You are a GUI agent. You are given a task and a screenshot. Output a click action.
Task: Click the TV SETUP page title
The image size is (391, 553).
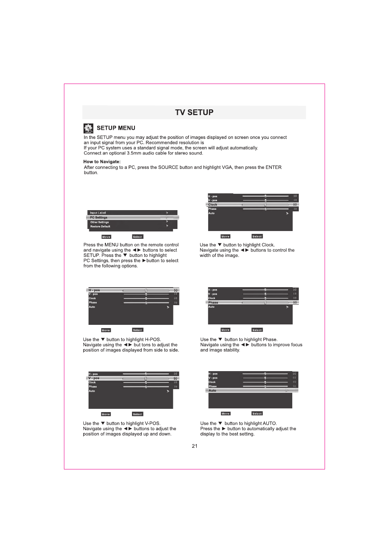point(194,112)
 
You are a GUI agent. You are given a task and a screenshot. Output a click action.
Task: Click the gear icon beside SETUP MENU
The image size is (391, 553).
point(88,128)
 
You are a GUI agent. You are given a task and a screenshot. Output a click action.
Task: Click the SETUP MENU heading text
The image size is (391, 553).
point(116,128)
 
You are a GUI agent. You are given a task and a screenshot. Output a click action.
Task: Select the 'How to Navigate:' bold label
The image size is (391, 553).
point(102,162)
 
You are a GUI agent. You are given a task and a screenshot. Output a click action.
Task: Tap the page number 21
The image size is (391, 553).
point(195,446)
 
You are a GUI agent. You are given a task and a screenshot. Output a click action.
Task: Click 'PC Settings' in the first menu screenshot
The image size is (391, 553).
point(99,218)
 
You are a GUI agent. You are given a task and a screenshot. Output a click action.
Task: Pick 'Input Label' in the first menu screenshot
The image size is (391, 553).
point(98,213)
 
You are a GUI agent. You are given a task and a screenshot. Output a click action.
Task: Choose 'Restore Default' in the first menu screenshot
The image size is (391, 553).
point(100,227)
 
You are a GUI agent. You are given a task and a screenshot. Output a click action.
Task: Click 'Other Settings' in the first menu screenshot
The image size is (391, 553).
point(100,222)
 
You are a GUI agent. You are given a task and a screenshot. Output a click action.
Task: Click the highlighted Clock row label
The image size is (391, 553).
point(213,204)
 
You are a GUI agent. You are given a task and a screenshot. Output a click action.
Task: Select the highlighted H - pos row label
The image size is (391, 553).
point(94,290)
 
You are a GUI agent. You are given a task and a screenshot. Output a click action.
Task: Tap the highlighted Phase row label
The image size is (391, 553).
point(213,302)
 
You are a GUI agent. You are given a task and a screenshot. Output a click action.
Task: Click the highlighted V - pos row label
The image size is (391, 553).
point(94,378)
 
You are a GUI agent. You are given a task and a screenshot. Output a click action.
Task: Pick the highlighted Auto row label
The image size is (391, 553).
point(212,390)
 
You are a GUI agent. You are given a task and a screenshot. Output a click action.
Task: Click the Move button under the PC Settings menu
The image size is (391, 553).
point(106,237)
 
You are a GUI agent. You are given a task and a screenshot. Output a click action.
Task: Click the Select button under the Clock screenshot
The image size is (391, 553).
point(257,236)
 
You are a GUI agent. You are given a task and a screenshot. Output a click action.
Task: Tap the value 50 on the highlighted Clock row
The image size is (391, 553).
point(295,204)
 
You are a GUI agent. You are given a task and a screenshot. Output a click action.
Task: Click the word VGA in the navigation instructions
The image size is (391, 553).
point(227,168)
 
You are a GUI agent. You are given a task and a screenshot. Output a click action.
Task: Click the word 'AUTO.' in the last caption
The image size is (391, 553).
point(270,424)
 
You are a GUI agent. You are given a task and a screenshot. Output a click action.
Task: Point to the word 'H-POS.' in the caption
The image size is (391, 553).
point(153,340)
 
